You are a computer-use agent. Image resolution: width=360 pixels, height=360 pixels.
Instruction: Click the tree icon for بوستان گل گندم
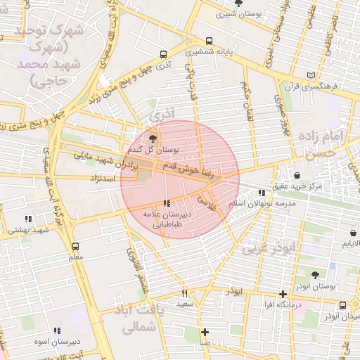click(153, 138)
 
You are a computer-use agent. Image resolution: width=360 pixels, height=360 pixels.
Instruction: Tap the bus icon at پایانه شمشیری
click(209, 41)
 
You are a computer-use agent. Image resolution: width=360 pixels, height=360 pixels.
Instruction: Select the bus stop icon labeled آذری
click(164, 54)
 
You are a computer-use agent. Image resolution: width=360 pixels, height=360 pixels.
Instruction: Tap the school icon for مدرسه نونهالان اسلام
click(262, 192)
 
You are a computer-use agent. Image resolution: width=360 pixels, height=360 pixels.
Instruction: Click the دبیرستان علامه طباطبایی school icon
click(166, 203)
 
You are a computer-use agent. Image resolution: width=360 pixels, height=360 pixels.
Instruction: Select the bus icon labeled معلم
click(75, 246)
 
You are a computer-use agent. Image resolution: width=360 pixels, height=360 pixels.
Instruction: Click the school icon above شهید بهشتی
click(27, 219)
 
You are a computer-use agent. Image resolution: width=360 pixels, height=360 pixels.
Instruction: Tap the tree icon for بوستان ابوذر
click(314, 275)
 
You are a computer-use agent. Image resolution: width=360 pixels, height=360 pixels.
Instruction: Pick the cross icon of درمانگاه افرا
click(283, 294)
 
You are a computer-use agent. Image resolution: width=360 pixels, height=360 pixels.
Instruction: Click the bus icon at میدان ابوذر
click(342, 305)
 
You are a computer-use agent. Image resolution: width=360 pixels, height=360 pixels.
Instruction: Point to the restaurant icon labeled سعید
click(184, 293)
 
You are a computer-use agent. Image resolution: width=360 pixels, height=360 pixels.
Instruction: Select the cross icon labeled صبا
click(204, 332)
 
